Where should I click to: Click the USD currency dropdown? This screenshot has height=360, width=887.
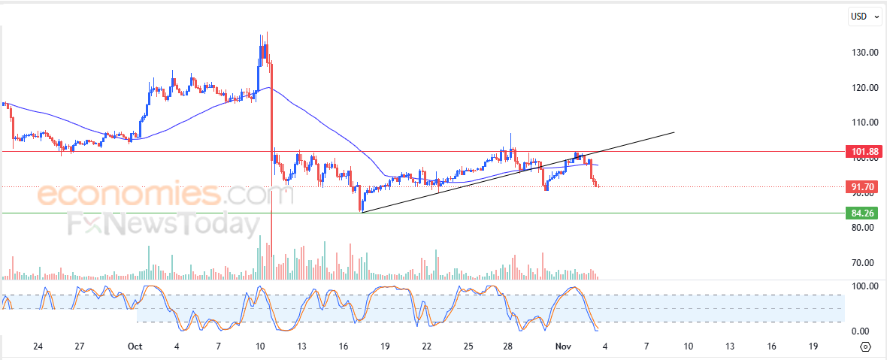pyautogui.click(x=865, y=17)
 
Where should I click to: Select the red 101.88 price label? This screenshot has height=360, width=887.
pyautogui.click(x=861, y=151)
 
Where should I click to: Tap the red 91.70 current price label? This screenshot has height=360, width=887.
pyautogui.click(x=861, y=186)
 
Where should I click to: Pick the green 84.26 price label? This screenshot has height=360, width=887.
pyautogui.click(x=861, y=213)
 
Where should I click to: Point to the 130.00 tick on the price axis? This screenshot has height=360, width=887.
pyautogui.click(x=865, y=53)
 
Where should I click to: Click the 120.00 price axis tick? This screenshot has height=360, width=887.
pyautogui.click(x=865, y=88)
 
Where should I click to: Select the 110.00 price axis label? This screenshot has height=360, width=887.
pyautogui.click(x=865, y=123)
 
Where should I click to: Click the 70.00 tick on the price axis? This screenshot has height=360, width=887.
pyautogui.click(x=865, y=263)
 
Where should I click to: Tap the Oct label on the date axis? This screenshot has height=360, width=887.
pyautogui.click(x=135, y=346)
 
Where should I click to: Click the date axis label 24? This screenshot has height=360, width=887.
pyautogui.click(x=38, y=346)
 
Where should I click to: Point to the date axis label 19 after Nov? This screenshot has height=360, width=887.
pyautogui.click(x=811, y=346)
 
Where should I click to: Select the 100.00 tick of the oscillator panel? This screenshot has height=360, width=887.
pyautogui.click(x=865, y=286)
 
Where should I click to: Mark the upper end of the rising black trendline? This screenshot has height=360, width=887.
pyautogui.click(x=674, y=132)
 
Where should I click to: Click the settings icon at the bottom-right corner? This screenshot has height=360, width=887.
pyautogui.click(x=866, y=346)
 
